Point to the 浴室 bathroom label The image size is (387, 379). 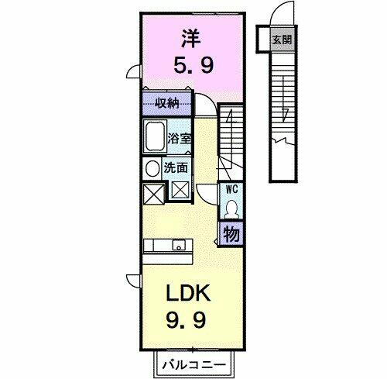[x=179, y=140]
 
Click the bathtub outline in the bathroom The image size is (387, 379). [x=154, y=139]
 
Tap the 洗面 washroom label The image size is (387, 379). [x=174, y=167]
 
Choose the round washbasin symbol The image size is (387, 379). [x=150, y=167]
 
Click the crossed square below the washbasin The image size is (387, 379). [x=151, y=190]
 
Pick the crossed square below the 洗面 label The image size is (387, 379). [x=180, y=188]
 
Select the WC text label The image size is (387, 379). [x=231, y=188]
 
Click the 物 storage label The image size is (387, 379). [x=231, y=233]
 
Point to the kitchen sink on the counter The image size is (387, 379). [x=180, y=247]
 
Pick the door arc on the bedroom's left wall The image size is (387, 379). [x=133, y=74]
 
